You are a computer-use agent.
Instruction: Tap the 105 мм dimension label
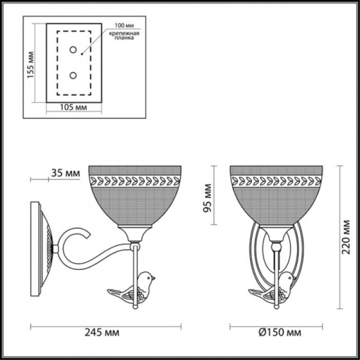(74, 107)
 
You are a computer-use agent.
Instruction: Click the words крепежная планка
(125, 37)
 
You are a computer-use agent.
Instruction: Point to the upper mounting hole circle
(74, 50)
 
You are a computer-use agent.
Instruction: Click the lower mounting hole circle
(74, 75)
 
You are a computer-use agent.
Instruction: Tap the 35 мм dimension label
(65, 173)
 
